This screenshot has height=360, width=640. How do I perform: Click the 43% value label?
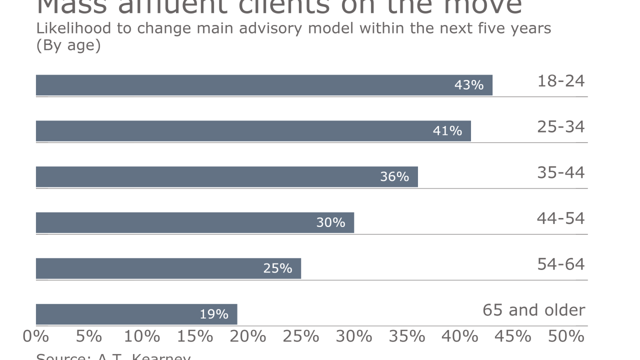point(468,85)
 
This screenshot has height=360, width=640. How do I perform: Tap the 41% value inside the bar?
point(447,131)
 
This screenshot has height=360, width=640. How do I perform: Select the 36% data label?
point(394,176)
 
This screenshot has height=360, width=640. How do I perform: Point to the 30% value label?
point(330,222)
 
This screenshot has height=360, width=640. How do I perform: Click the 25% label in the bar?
point(277,268)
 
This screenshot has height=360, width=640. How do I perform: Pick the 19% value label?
point(213,314)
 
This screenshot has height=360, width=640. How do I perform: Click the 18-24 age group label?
point(560,81)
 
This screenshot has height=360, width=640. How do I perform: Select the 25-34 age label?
point(560,127)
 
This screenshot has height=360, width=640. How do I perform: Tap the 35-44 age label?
point(560,172)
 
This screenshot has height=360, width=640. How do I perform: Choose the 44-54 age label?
point(560,218)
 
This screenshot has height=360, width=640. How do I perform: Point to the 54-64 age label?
point(560,264)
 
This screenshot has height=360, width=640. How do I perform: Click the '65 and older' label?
point(533,310)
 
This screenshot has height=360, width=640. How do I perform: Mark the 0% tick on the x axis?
point(36,336)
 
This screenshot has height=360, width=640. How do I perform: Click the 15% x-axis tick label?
point(195,336)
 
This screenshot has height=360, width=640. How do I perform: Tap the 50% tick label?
point(566,336)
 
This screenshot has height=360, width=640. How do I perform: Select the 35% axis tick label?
point(407,336)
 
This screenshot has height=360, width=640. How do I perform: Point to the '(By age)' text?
point(68,45)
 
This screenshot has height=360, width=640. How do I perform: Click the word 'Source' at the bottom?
point(60,356)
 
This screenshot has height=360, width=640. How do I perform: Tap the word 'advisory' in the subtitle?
point(279,28)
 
